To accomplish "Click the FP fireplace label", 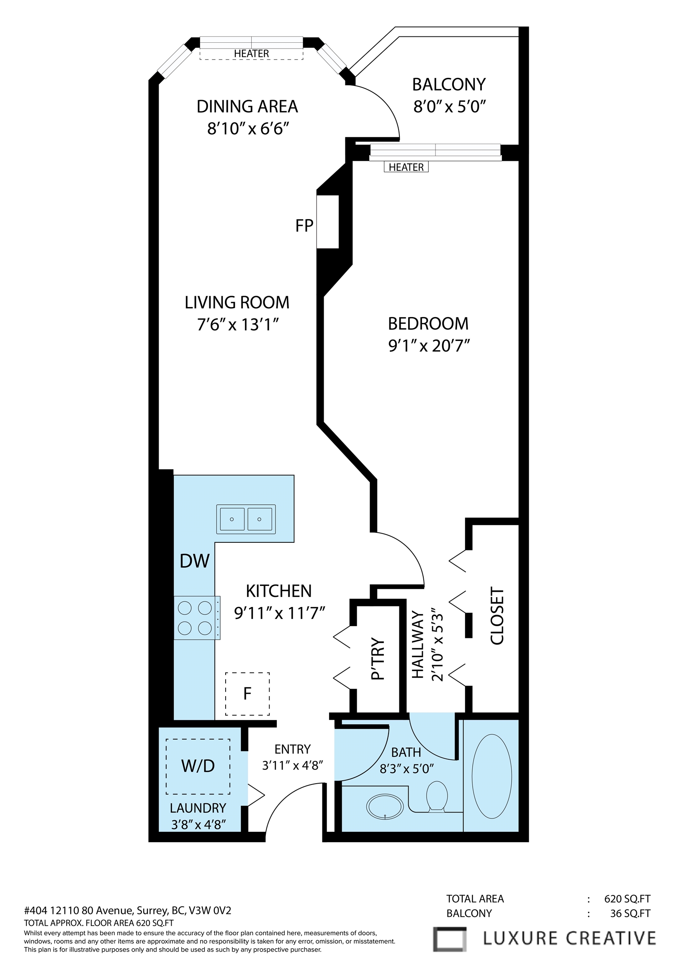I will (x=304, y=226).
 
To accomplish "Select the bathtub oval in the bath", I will (x=492, y=776).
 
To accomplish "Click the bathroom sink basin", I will (x=385, y=807).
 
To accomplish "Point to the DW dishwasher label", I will (x=194, y=561).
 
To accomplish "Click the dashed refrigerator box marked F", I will (x=247, y=694).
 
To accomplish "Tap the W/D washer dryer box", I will (x=198, y=766).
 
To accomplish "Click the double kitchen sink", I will (x=246, y=519).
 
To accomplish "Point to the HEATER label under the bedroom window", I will (x=406, y=167).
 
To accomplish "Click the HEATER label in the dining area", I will (x=251, y=54).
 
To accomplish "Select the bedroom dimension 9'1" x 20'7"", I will (x=428, y=346).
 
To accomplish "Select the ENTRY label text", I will (x=293, y=749).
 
